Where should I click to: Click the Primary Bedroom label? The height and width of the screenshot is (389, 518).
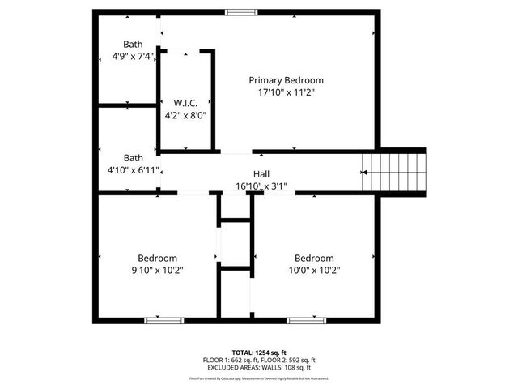[286, 80]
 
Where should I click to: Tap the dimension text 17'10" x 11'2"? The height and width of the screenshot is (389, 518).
[286, 92]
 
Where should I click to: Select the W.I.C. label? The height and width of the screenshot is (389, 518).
[185, 103]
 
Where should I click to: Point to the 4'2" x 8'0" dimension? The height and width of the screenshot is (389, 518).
[185, 115]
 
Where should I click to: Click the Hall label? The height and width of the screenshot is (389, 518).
[261, 174]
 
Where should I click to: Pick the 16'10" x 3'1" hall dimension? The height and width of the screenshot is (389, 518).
[261, 186]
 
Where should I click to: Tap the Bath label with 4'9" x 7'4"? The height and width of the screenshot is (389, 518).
[133, 45]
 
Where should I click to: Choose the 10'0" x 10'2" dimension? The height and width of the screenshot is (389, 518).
[314, 270]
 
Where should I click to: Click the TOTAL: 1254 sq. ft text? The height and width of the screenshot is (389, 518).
[259, 353]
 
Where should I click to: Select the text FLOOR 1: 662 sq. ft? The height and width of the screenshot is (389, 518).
[230, 360]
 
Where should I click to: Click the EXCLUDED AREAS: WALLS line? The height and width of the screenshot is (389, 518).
[259, 367]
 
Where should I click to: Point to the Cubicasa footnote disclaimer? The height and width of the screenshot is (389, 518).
[259, 378]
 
